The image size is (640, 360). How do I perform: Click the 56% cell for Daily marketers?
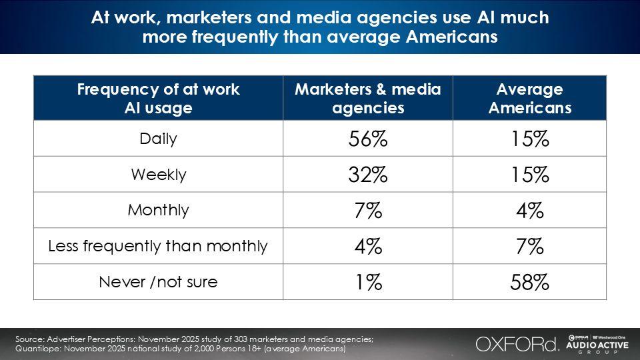point(368,139)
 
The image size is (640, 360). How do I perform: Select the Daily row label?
point(159,139)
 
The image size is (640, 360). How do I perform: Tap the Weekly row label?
point(159,175)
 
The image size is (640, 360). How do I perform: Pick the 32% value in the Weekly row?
point(368,175)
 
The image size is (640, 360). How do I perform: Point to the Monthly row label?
point(159,210)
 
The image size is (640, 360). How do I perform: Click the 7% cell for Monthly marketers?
point(368,211)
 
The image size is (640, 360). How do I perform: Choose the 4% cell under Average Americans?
point(529,211)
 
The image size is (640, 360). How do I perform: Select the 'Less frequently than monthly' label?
point(157,246)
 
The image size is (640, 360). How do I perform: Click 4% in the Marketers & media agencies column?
point(368,247)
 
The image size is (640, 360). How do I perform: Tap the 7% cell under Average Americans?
point(529,247)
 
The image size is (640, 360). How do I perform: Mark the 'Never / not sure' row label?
point(159,282)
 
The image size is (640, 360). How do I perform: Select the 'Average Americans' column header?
point(530,99)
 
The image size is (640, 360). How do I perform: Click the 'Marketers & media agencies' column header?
point(368,99)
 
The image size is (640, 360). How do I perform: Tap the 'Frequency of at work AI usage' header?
point(159,99)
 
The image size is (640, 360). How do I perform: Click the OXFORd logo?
point(517,344)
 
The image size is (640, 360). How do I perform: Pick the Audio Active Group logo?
point(597,344)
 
